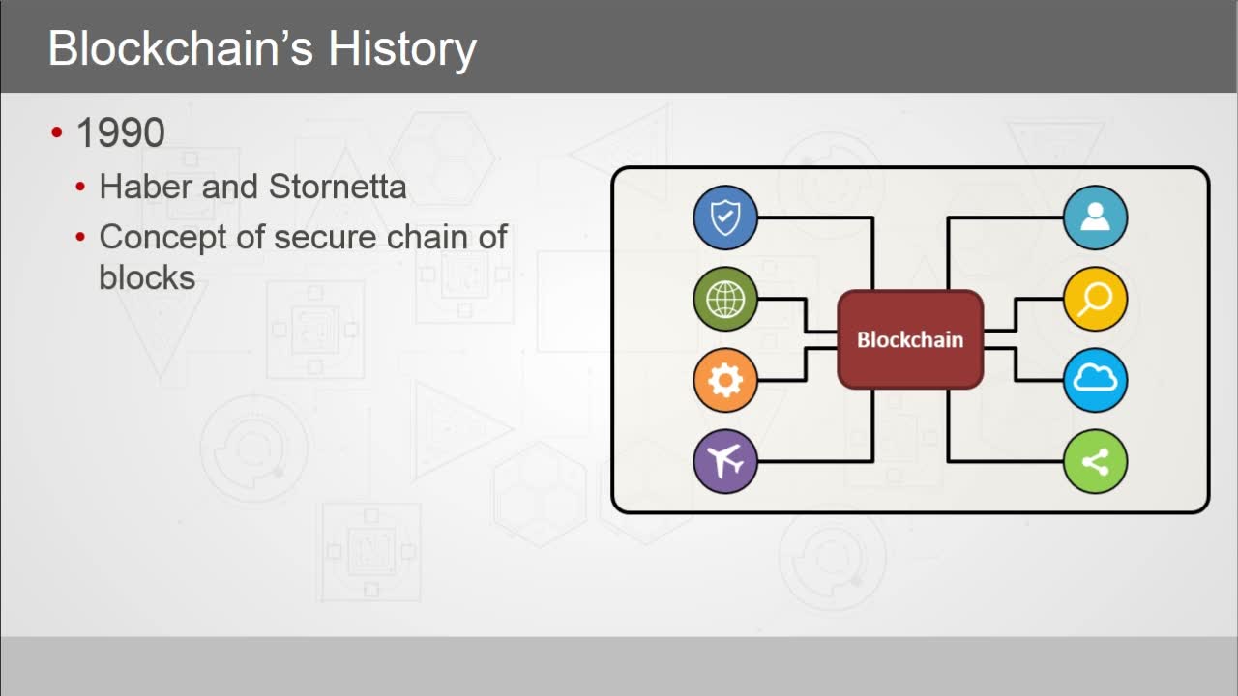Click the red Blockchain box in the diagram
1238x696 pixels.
pyautogui.click(x=909, y=339)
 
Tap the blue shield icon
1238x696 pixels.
pyautogui.click(x=725, y=217)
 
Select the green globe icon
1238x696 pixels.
pyautogui.click(x=725, y=299)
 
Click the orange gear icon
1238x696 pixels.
pyautogui.click(x=725, y=380)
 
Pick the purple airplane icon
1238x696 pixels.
pyautogui.click(x=725, y=461)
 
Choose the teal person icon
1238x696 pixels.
pyautogui.click(x=1095, y=217)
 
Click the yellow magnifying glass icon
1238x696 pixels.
pyautogui.click(x=1095, y=299)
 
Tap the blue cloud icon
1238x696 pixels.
pyautogui.click(x=1095, y=380)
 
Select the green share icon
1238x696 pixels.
pyautogui.click(x=1095, y=461)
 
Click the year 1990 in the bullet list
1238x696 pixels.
pyautogui.click(x=120, y=133)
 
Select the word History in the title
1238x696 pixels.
pyautogui.click(x=402, y=48)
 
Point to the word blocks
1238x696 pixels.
pyautogui.click(x=147, y=277)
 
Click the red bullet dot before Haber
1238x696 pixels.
pyautogui.click(x=81, y=187)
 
